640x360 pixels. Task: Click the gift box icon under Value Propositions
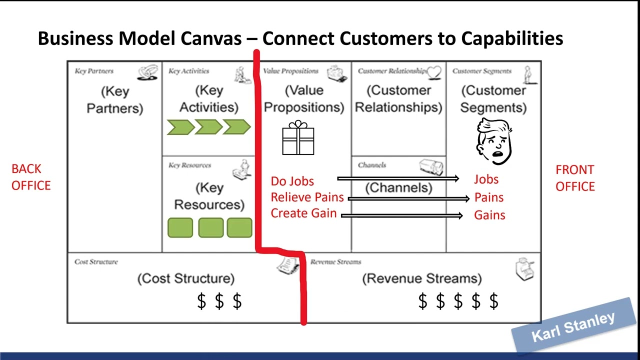point(298,138)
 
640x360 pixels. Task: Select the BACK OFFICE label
point(31,177)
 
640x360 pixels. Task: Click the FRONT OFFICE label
point(575,178)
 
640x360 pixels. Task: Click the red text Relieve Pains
point(307,197)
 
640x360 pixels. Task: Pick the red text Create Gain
point(303,213)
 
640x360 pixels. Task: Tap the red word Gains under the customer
point(489,215)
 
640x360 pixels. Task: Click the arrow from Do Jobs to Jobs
point(397,178)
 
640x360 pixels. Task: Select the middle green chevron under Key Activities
point(208,127)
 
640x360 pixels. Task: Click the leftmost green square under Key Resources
point(180,227)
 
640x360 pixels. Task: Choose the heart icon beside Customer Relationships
point(434,72)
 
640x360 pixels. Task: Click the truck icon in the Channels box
point(430,167)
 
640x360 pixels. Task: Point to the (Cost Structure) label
point(185,278)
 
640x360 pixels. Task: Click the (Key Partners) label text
point(114,99)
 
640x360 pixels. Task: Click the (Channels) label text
point(398,187)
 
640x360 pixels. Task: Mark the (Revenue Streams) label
point(422,278)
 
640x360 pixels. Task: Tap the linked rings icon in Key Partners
point(147,72)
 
